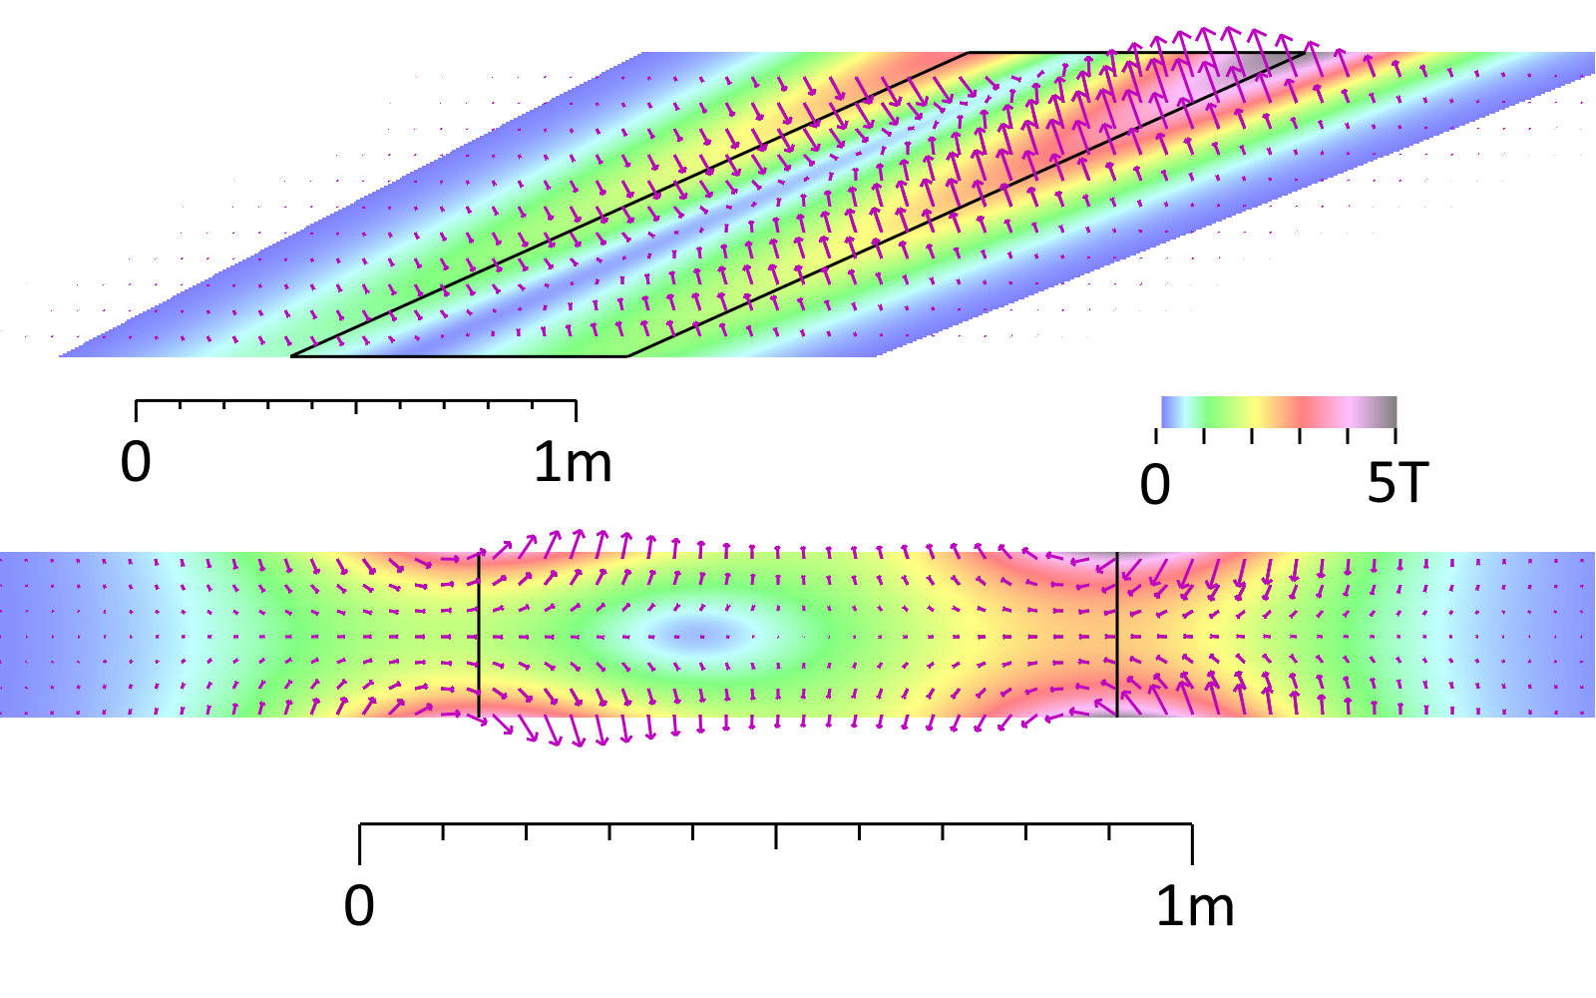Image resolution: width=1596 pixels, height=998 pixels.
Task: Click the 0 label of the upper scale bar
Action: click(x=136, y=462)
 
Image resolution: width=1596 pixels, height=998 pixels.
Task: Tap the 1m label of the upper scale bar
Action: click(x=573, y=462)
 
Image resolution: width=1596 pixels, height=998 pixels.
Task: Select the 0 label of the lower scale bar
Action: click(x=359, y=906)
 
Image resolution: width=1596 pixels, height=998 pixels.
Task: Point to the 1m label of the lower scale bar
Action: click(x=1195, y=906)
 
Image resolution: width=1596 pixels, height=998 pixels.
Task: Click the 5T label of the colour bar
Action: click(x=1397, y=484)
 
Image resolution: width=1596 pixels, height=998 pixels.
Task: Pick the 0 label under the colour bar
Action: click(x=1155, y=484)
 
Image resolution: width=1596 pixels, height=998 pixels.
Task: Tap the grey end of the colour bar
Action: click(x=1387, y=411)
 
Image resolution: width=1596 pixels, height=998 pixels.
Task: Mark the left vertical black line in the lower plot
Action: click(x=479, y=635)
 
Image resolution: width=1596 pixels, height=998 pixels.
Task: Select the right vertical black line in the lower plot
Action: click(x=1117, y=635)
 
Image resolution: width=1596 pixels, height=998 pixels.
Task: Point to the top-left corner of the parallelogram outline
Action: click(x=970, y=53)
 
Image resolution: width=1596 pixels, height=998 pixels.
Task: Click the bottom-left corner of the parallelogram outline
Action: click(x=291, y=355)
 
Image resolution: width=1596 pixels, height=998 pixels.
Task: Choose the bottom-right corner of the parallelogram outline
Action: click(x=627, y=355)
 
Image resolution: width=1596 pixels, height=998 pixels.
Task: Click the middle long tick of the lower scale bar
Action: click(x=776, y=836)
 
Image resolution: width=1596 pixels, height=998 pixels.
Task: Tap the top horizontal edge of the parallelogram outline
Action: click(x=1137, y=53)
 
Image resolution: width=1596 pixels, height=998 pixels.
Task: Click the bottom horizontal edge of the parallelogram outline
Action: click(x=459, y=355)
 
